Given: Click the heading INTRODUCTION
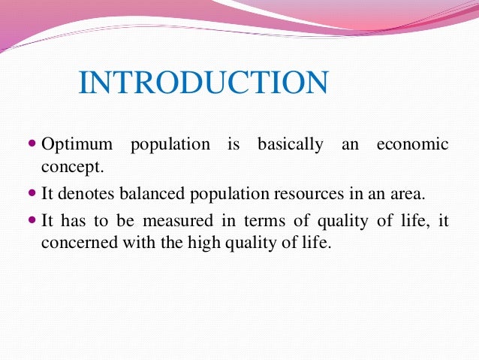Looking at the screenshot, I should pyautogui.click(x=203, y=83).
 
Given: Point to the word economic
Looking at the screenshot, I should pyautogui.click(x=412, y=144).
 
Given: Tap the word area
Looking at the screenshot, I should pyautogui.click(x=405, y=194).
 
